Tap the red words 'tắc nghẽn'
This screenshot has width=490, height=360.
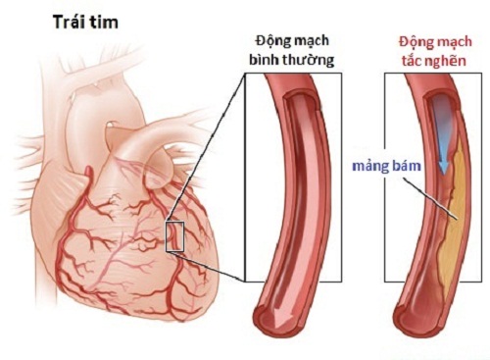click(x=434, y=61)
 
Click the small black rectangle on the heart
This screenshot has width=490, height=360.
click(x=175, y=236)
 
